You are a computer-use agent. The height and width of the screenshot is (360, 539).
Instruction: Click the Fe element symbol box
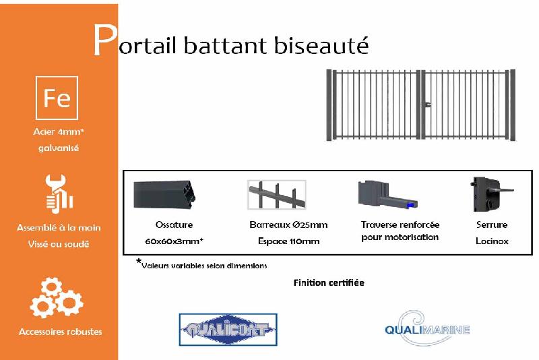click(57, 98)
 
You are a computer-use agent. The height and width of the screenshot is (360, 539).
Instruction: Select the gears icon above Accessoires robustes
click(57, 297)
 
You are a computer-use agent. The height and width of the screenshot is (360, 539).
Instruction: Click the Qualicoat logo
click(228, 330)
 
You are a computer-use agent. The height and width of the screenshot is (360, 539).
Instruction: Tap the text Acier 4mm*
click(59, 132)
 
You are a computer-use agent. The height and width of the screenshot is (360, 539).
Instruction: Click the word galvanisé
click(59, 148)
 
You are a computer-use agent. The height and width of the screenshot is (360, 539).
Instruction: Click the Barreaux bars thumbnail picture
click(276, 196)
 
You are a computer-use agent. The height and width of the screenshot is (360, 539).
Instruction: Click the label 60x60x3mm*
click(174, 241)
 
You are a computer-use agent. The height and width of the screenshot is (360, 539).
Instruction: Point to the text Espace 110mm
click(288, 241)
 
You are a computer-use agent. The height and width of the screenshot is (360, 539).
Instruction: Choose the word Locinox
click(492, 241)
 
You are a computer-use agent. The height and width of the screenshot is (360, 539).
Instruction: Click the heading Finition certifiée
click(329, 282)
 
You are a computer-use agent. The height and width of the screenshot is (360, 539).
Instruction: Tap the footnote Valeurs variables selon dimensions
click(204, 266)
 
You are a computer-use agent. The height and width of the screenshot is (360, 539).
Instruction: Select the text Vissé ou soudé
click(59, 244)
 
